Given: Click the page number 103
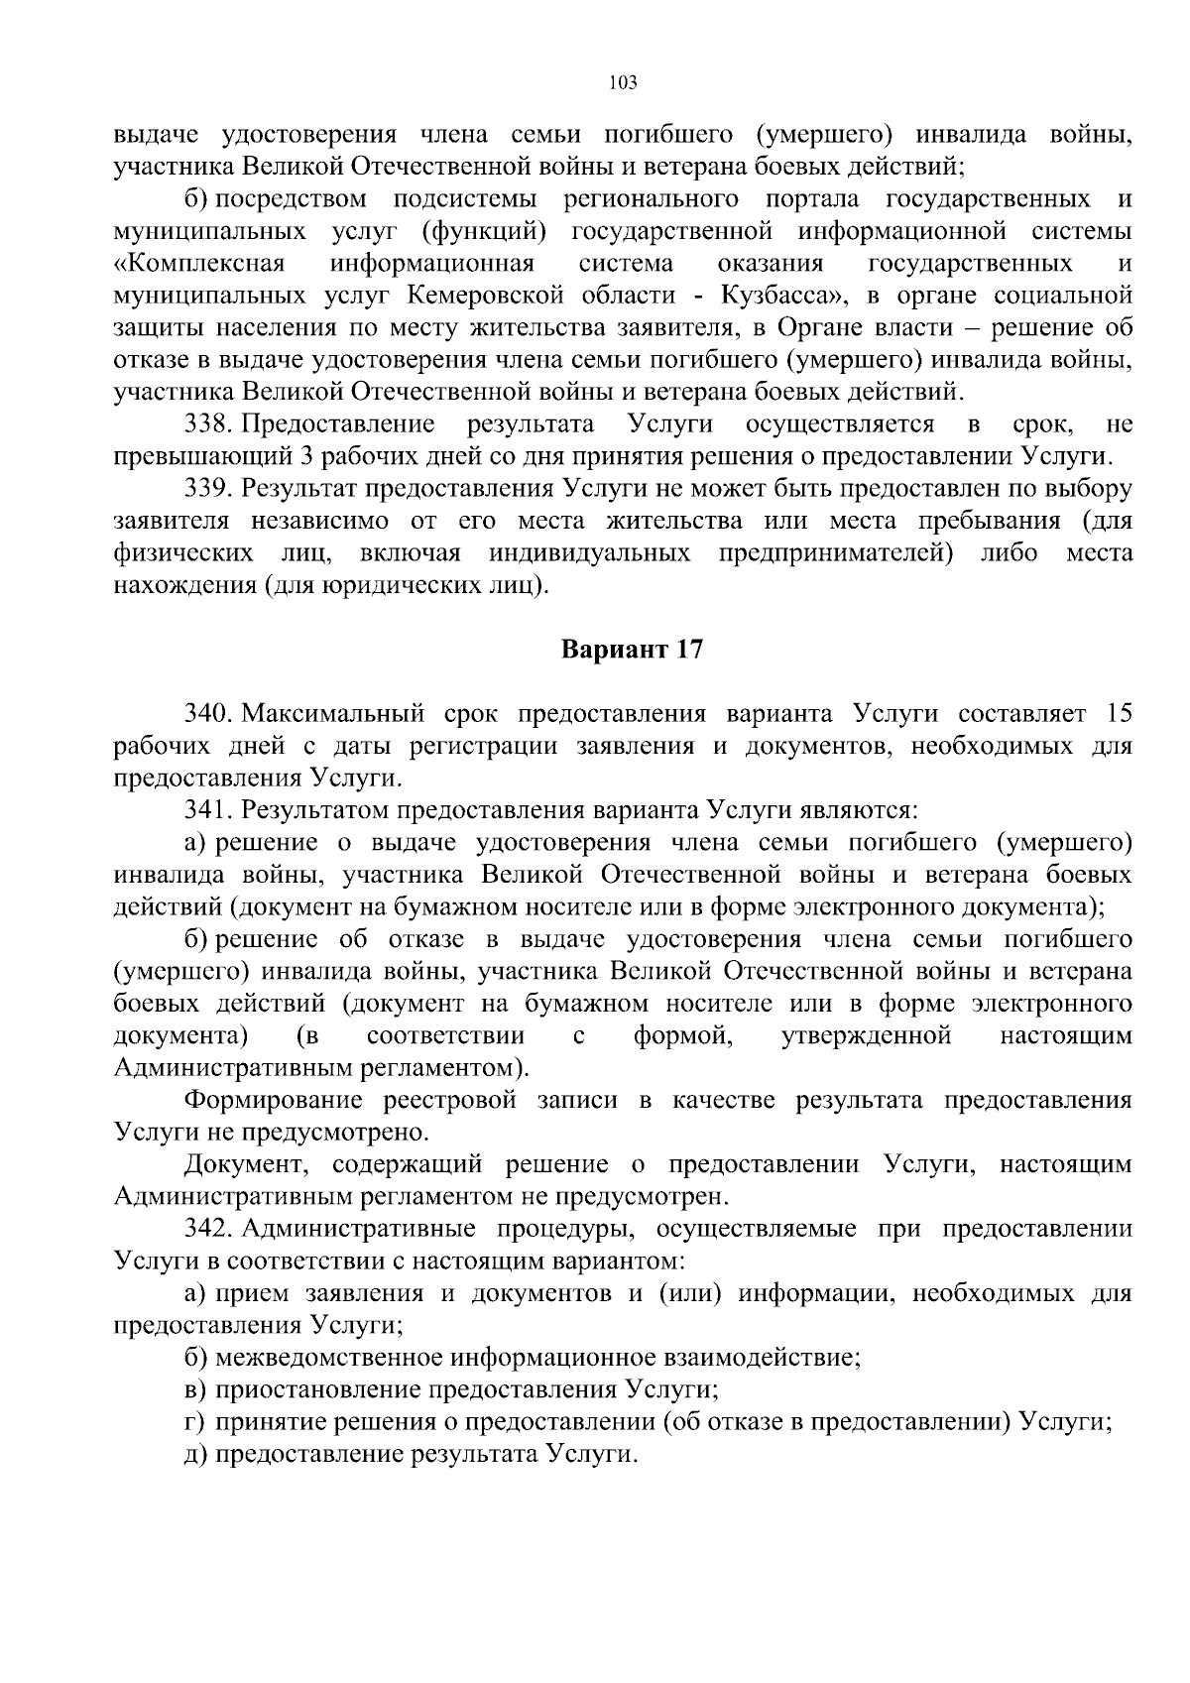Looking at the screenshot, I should click(622, 82).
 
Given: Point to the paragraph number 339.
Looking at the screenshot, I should click(209, 489).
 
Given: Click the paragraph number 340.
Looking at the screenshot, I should click(209, 714).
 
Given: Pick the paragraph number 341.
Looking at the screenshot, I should click(208, 810).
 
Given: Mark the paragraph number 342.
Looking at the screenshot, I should click(209, 1229).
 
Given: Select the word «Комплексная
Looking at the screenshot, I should click(199, 263).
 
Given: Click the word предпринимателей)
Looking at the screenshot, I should click(836, 552).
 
